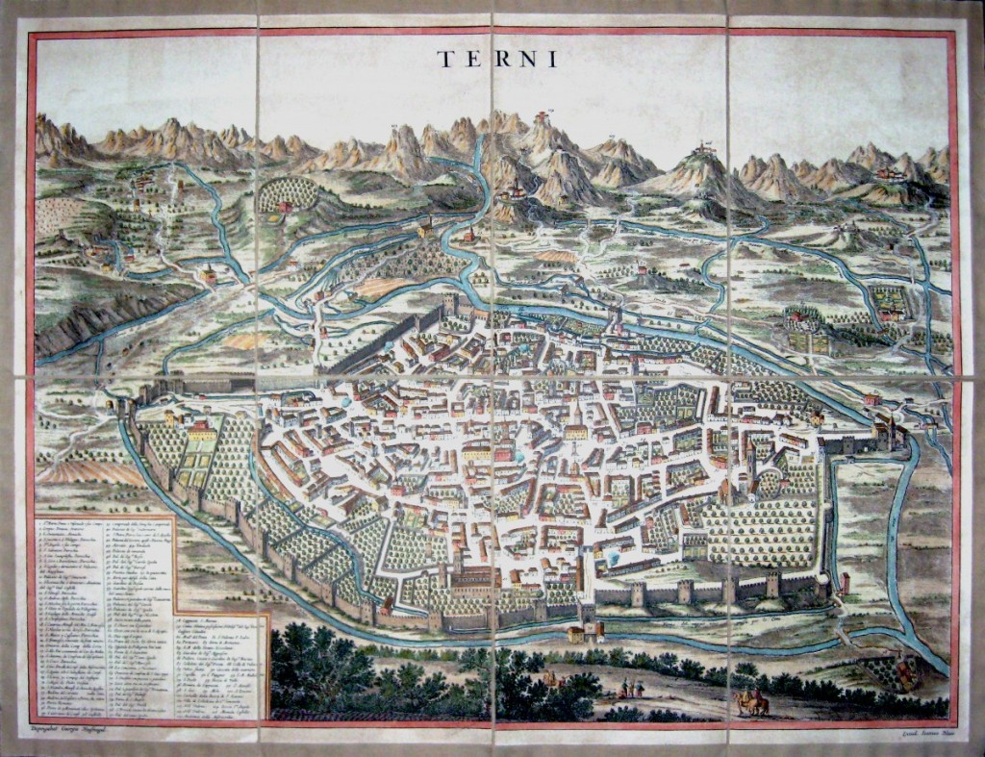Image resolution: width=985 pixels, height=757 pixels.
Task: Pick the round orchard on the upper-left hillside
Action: [x=287, y=194]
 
